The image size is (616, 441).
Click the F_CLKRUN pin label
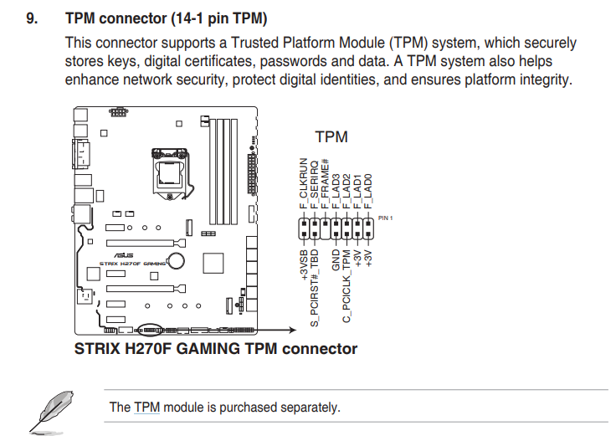pyautogui.click(x=303, y=183)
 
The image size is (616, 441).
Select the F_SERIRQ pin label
pyautogui.click(x=314, y=185)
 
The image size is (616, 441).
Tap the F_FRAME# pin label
pyautogui.click(x=325, y=184)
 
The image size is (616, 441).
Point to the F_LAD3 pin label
pyautogui.click(x=336, y=192)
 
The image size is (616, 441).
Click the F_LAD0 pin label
pyautogui.click(x=367, y=192)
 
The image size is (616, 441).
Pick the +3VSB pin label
pyautogui.click(x=304, y=265)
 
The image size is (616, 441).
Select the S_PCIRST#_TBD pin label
pyautogui.click(x=315, y=288)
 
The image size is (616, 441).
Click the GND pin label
pyautogui.click(x=336, y=260)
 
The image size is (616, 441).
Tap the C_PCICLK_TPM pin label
pyautogui.click(x=346, y=286)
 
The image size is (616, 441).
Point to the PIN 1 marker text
pyautogui.click(x=385, y=218)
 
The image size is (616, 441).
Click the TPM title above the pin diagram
pyautogui.click(x=331, y=137)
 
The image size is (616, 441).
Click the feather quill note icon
pyautogui.click(x=52, y=413)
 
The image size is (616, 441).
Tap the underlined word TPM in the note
pyautogui.click(x=147, y=408)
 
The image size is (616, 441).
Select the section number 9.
pyautogui.click(x=32, y=18)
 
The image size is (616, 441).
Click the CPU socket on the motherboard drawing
pyautogui.click(x=170, y=172)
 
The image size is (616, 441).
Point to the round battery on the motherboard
pyautogui.click(x=176, y=260)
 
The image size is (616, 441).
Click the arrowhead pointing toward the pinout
pyautogui.click(x=293, y=330)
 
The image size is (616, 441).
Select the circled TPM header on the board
pyautogui.click(x=150, y=330)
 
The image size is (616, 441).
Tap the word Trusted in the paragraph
pyautogui.click(x=255, y=43)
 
